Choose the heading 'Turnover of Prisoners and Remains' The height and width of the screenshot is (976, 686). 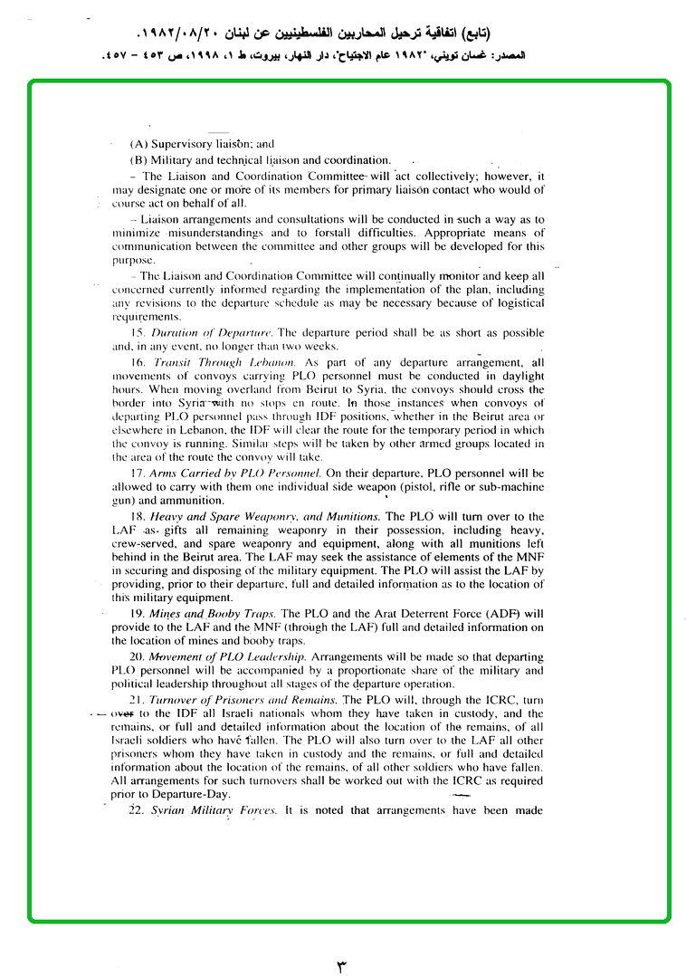[x=244, y=698]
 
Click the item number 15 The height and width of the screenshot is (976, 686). [x=138, y=333]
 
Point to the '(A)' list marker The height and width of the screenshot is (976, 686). [x=138, y=144]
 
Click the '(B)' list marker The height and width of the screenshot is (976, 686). [x=138, y=159]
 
